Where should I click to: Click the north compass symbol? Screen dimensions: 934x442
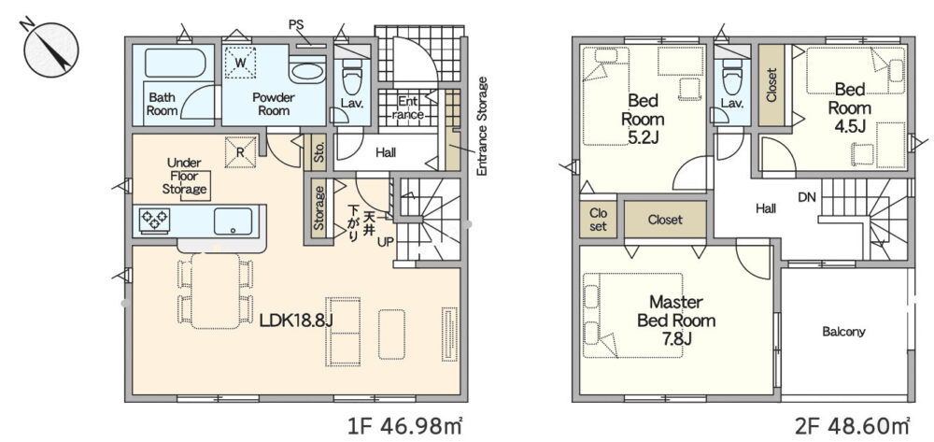[x=51, y=50]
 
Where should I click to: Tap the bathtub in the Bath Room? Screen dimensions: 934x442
[x=176, y=64]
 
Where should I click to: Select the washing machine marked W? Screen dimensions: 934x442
[x=240, y=62]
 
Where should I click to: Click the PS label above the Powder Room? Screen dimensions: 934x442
[x=296, y=25]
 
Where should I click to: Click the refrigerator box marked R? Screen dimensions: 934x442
[x=240, y=152]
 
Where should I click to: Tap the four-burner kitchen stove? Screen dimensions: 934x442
[x=154, y=220]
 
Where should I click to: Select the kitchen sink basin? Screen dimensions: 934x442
[x=233, y=221]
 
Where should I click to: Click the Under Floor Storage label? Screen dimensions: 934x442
[x=184, y=177]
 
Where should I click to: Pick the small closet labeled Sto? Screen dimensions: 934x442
[x=318, y=153]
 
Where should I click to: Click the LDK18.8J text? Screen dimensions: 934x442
[x=296, y=321]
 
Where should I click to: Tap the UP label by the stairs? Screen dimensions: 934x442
[x=385, y=242]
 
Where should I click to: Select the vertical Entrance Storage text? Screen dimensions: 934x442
[x=482, y=126]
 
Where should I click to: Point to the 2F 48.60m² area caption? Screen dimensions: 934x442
[x=852, y=426]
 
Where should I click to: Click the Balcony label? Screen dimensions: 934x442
[x=843, y=332]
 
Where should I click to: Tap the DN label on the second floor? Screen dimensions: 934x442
[x=807, y=197]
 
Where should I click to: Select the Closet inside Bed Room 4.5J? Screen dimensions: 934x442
[x=771, y=86]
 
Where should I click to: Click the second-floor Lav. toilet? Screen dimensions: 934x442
[x=731, y=77]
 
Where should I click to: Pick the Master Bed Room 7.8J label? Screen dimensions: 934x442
[x=675, y=320]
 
